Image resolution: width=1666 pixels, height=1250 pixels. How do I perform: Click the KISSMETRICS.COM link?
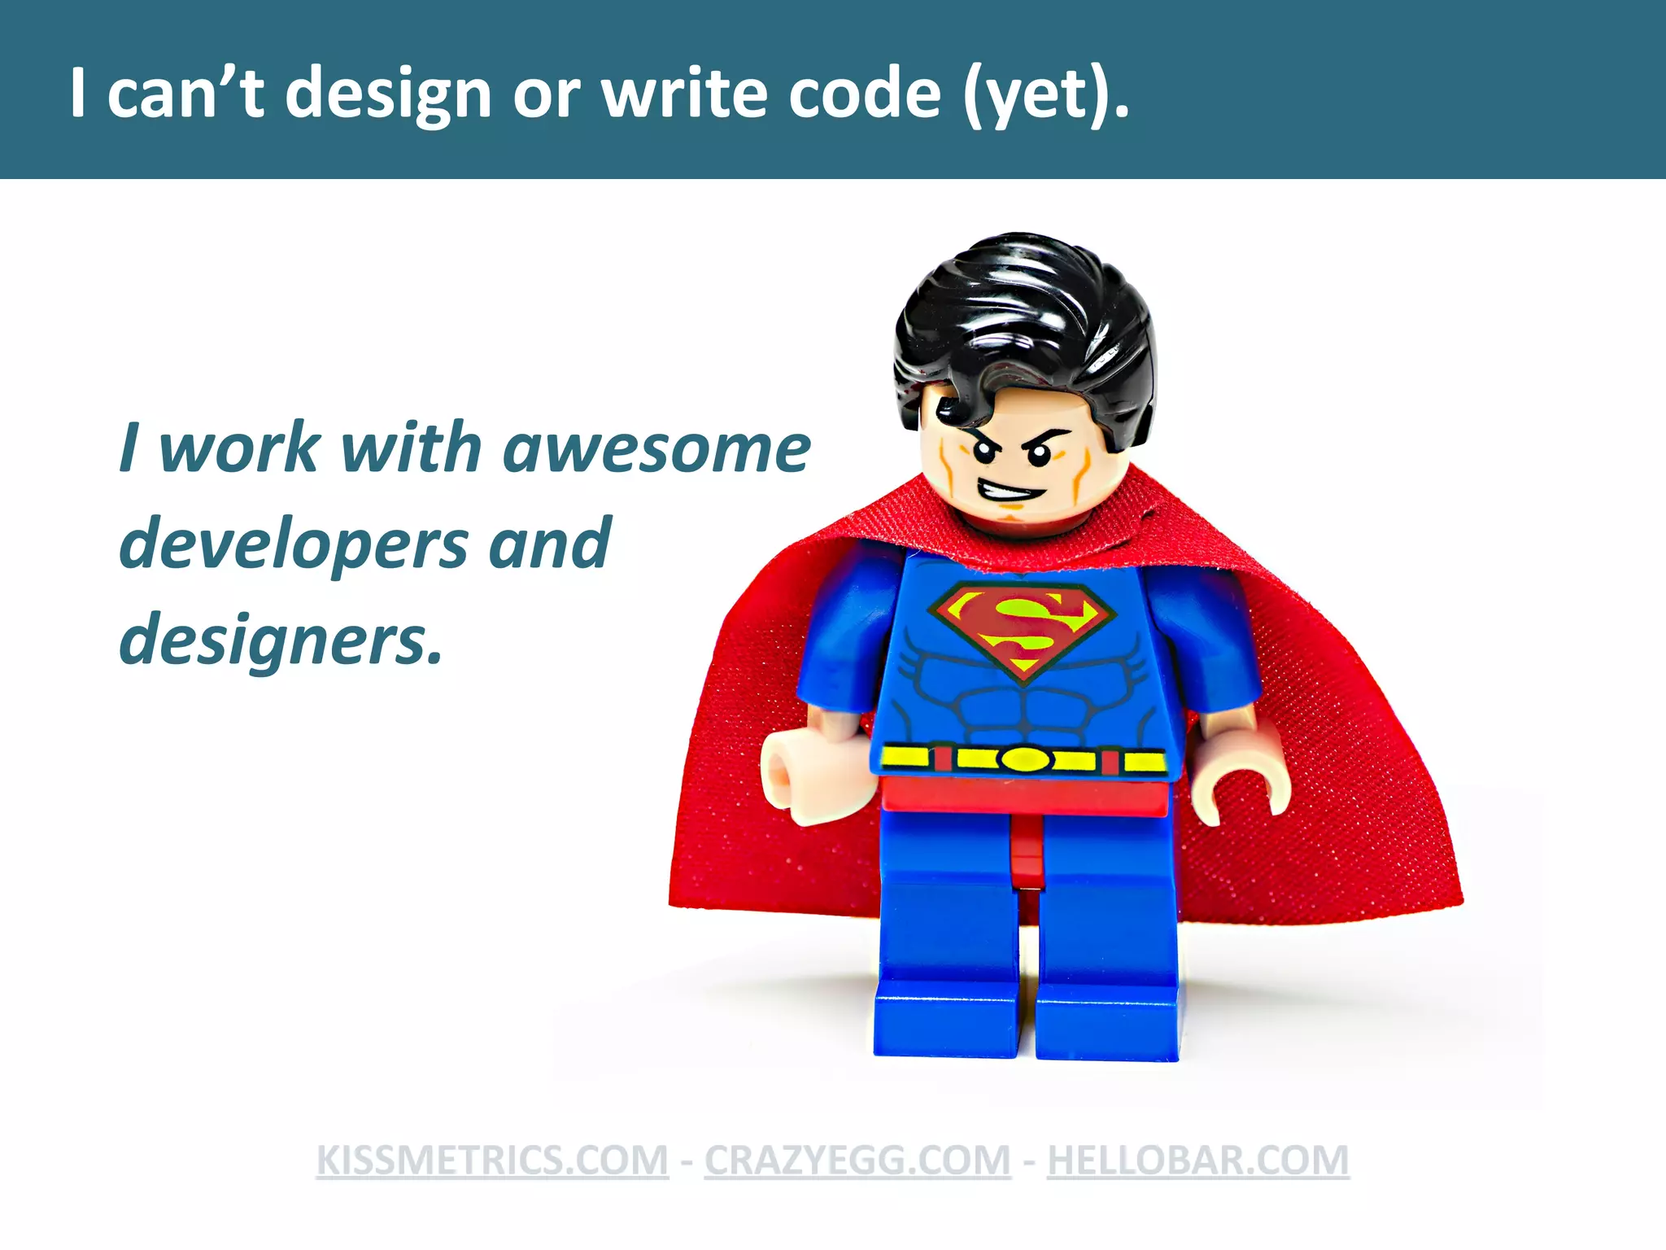click(492, 1160)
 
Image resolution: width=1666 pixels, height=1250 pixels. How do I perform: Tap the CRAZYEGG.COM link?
click(857, 1160)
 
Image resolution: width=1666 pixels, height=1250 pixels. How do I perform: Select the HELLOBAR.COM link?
click(1197, 1160)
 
